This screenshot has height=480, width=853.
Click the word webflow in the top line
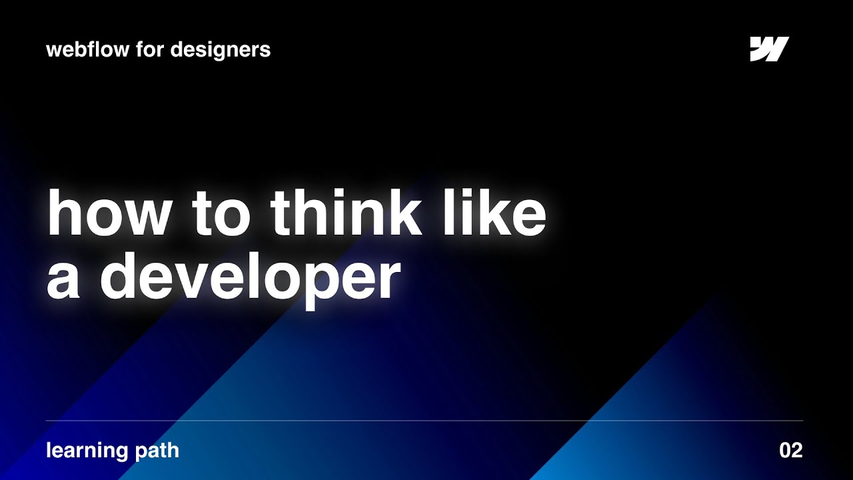coord(87,49)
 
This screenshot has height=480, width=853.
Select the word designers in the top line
coord(220,50)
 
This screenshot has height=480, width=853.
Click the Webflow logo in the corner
coord(769,49)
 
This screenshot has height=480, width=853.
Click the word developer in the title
coord(250,279)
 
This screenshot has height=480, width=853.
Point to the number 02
coord(790,451)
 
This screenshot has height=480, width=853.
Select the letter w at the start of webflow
coord(53,50)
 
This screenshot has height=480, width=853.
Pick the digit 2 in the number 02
coord(796,451)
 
